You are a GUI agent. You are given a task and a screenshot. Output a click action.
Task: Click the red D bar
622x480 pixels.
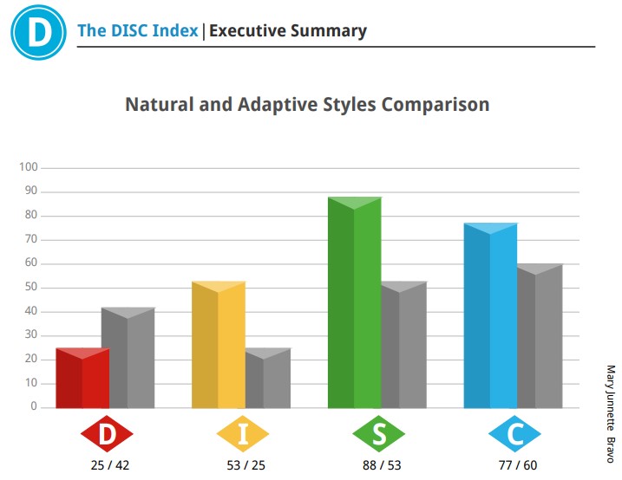click(x=82, y=379)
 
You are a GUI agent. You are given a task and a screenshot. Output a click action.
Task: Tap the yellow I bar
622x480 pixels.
click(x=219, y=345)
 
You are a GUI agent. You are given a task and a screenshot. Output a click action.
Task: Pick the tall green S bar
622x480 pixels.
click(x=355, y=302)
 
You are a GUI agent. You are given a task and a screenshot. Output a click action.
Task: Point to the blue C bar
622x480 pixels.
click(x=491, y=315)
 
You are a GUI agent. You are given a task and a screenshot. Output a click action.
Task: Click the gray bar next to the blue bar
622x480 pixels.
click(x=540, y=336)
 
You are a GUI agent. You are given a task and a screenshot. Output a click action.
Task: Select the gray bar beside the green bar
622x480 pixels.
click(x=404, y=345)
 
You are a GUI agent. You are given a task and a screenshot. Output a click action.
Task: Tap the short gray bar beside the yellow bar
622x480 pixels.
click(x=268, y=379)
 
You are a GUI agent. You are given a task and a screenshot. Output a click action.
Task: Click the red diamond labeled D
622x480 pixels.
click(x=107, y=434)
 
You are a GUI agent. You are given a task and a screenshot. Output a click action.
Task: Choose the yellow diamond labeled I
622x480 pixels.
click(x=243, y=434)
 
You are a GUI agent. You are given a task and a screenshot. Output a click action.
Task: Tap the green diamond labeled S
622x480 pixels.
click(x=379, y=434)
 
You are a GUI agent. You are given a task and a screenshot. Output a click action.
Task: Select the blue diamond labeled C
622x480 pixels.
click(x=515, y=434)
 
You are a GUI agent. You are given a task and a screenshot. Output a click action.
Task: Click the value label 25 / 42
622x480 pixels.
click(x=110, y=465)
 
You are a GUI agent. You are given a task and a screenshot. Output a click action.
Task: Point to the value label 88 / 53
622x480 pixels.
click(x=382, y=465)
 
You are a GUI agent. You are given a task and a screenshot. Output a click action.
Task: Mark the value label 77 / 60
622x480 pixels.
click(x=518, y=465)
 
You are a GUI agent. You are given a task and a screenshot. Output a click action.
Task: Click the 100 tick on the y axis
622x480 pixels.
click(x=29, y=166)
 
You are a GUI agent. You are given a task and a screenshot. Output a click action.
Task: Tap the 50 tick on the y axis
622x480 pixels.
click(x=31, y=287)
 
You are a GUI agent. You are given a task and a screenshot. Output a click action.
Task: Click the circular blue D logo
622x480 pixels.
click(x=38, y=32)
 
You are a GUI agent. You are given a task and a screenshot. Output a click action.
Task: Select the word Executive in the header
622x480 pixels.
click(x=247, y=30)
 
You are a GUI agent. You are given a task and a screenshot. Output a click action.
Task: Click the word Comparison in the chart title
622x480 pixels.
click(x=435, y=105)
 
